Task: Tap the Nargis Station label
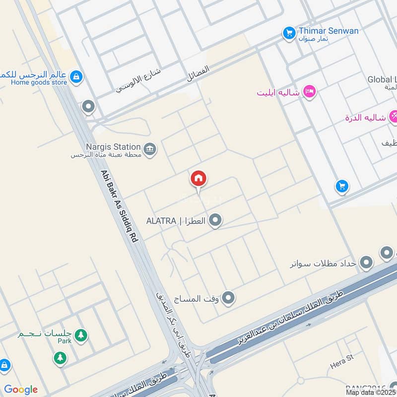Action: tap(114, 147)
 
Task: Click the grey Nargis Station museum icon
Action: tap(149, 148)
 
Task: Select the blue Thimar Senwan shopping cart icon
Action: tap(289, 34)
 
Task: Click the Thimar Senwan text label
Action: tap(329, 31)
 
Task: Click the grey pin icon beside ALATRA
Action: tap(215, 220)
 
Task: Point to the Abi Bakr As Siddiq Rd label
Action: tap(119, 206)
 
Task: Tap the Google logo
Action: tap(21, 390)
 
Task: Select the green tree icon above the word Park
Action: tap(80, 335)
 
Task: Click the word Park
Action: tap(64, 341)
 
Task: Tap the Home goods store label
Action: tap(39, 82)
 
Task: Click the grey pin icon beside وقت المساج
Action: tap(228, 298)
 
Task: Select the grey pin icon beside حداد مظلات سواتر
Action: tap(366, 262)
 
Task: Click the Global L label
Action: tap(383, 79)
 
